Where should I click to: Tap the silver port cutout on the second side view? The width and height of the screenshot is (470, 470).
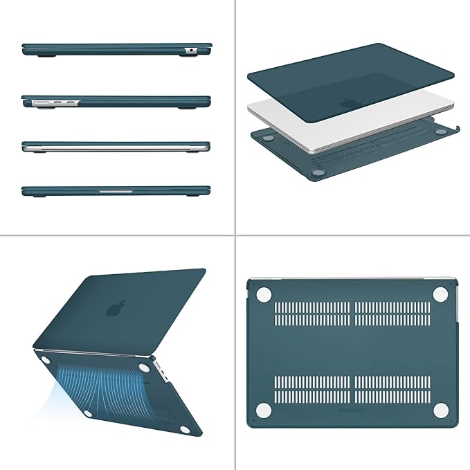55,103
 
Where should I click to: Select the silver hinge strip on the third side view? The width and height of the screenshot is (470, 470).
116,147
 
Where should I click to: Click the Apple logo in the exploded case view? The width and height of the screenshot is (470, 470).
347,102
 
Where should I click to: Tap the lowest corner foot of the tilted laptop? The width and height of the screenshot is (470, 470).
186,430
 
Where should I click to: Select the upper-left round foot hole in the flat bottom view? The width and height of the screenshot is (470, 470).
262,294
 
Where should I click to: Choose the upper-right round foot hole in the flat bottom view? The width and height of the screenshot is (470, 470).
439,293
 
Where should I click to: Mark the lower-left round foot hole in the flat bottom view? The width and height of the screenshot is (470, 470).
264,410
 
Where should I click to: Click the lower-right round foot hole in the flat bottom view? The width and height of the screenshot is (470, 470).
439,410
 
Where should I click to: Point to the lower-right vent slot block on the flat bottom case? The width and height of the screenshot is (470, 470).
390,389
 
